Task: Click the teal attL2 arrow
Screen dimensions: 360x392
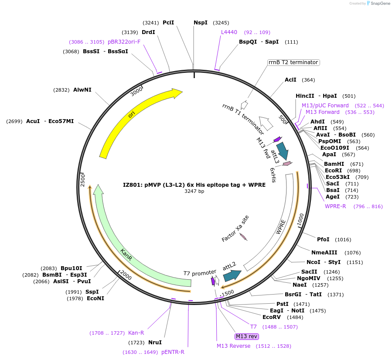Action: click(232, 275)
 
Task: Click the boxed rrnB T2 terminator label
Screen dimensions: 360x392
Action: click(293, 62)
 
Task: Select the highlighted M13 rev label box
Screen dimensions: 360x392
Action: click(246, 336)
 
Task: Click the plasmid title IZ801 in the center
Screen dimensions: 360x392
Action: click(194, 185)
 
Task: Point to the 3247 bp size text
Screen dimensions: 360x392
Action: click(194, 191)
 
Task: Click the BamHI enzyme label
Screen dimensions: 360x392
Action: click(334, 164)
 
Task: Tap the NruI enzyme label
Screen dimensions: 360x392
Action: click(155, 343)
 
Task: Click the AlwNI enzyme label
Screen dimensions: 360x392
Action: click(82, 90)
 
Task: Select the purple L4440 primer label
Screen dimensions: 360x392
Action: click(229, 32)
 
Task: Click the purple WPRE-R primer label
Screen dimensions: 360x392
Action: click(335, 206)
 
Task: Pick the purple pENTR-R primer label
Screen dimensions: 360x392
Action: click(173, 352)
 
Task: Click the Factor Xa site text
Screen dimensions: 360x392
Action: click(235, 229)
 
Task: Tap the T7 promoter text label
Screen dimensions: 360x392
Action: click(200, 273)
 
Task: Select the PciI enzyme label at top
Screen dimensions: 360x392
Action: click(168, 23)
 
